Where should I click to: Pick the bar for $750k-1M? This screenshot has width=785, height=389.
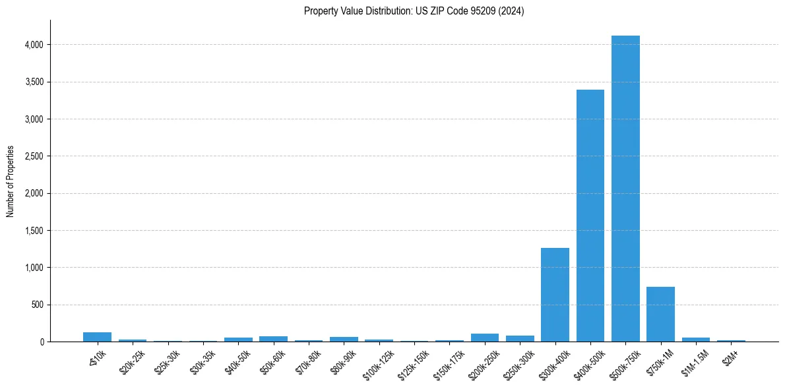tap(660, 314)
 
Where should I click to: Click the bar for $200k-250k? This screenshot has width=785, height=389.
tap(485, 338)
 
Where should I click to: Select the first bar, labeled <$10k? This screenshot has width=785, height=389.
tap(97, 337)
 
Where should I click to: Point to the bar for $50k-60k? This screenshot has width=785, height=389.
tap(273, 339)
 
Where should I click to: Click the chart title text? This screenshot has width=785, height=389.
tap(414, 11)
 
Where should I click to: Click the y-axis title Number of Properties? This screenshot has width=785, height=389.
tap(11, 181)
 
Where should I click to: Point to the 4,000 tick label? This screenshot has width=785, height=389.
tap(34, 45)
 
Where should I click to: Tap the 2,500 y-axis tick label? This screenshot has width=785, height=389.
tap(34, 156)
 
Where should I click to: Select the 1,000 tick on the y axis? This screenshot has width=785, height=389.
tap(34, 268)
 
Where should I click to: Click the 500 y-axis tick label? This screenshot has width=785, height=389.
tap(38, 305)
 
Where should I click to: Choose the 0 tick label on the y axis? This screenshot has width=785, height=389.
tap(42, 342)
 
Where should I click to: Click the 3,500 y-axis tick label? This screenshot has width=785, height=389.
tap(34, 82)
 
